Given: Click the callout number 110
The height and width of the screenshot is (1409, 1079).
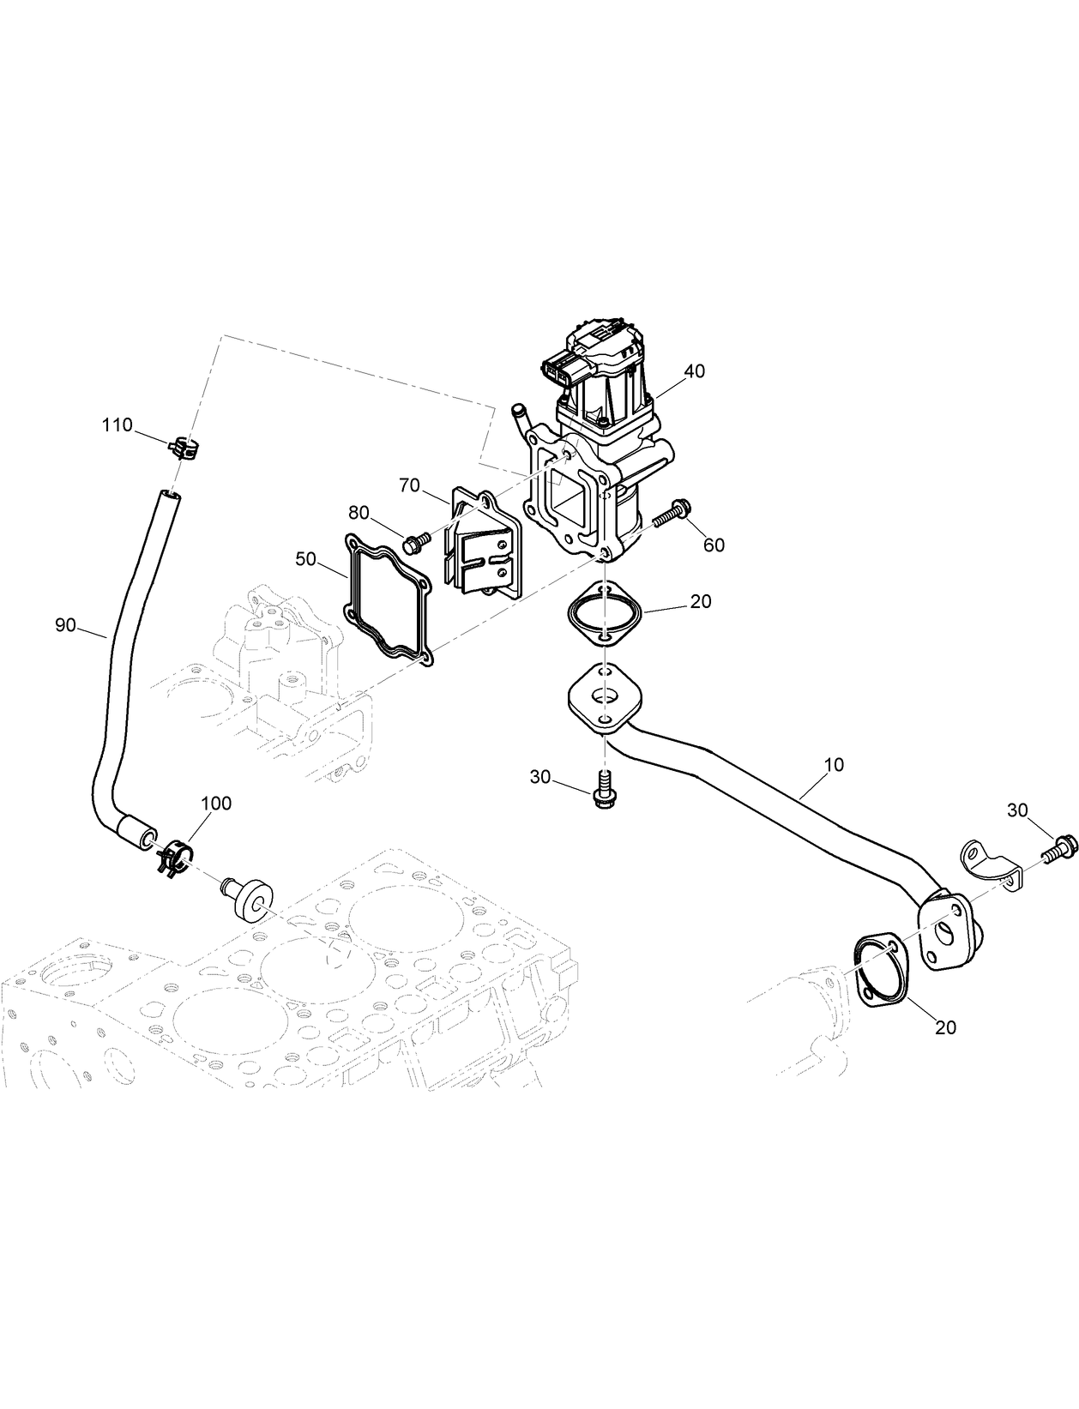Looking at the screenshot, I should coord(118,425).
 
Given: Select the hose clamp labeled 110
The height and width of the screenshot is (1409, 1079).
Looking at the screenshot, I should coord(184,448).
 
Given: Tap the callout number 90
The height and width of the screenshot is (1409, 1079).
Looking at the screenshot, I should coord(66,625).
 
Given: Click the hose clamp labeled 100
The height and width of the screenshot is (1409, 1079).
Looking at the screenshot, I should coord(175,858).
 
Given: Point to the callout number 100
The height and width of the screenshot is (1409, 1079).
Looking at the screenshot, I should coord(215,804).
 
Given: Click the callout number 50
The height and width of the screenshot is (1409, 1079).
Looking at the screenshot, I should coord(305,559).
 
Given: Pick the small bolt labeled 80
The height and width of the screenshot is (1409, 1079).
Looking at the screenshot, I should coord(415,542).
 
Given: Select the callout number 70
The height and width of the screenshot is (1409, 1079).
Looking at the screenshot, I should coord(409,485).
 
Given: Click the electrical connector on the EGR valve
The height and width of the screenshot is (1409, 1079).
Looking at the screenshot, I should coord(566,370).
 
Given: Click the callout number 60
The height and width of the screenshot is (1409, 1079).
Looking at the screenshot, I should coord(714,545).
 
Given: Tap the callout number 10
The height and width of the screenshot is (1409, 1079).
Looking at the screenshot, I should coord(833,764).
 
